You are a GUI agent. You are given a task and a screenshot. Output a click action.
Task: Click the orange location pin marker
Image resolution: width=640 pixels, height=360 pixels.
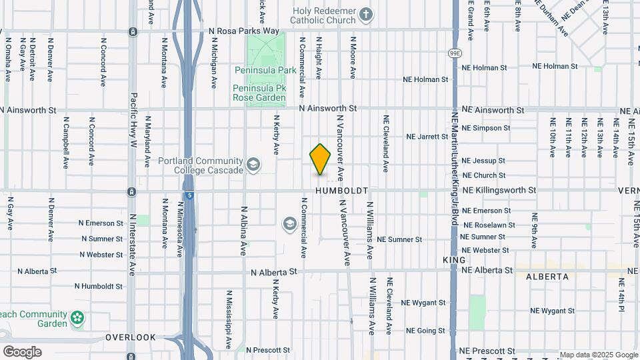pos(321,159)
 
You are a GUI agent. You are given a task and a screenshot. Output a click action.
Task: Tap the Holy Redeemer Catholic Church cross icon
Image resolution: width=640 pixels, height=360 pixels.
pos(365,13)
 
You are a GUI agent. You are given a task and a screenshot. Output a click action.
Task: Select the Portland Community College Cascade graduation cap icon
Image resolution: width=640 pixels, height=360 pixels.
pos(253,164)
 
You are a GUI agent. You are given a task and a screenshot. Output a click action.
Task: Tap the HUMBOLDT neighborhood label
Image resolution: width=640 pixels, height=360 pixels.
pos(342,191)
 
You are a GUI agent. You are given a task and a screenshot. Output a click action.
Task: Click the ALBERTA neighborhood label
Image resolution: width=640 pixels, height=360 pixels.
pos(547,276)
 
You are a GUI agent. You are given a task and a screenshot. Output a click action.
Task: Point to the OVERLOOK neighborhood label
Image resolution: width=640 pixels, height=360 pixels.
pos(130,337)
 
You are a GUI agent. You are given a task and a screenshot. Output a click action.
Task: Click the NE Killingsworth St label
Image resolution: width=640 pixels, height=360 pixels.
pos(499,190)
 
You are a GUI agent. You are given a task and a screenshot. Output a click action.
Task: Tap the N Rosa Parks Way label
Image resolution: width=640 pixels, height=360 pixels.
pos(243,31)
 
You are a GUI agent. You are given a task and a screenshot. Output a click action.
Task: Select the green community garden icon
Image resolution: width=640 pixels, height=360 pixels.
pos(78,318)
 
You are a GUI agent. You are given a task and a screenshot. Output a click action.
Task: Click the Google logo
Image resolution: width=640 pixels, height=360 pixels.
pos(22,351)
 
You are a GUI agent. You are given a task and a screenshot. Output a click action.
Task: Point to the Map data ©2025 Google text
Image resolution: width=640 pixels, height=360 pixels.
pos(598,355)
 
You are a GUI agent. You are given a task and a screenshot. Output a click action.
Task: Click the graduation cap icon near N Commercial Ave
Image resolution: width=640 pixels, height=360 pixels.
pos(289,223)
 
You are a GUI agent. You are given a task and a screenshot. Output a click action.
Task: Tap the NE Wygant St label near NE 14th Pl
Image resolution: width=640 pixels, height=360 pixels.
pos(552,311)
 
